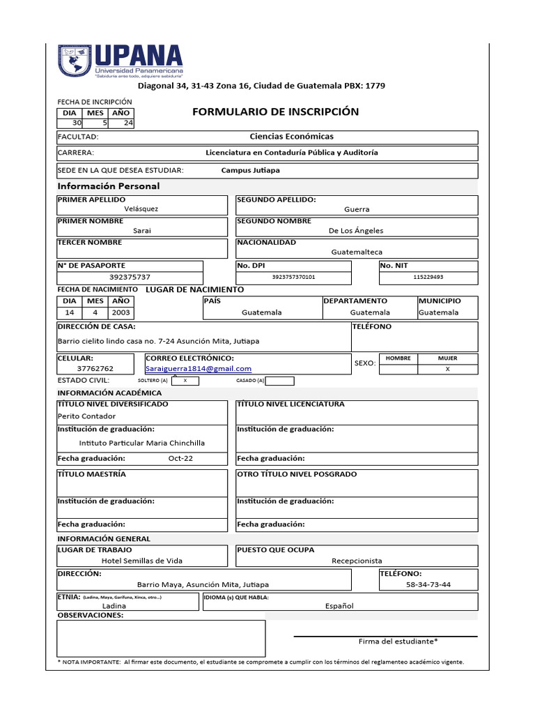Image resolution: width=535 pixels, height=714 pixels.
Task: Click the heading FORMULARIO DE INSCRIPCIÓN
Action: click(275, 112)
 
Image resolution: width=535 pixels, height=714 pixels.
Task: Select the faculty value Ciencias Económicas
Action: click(291, 137)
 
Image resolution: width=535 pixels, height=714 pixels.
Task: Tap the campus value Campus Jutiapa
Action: click(251, 170)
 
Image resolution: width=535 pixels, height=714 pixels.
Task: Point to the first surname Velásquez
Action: click(141, 209)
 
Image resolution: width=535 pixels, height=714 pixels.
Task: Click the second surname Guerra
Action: click(357, 209)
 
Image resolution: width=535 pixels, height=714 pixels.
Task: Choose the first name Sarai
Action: click(141, 231)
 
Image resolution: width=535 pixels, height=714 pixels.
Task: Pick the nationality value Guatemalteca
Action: click(357, 252)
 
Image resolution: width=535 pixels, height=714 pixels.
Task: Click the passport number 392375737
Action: click(130, 277)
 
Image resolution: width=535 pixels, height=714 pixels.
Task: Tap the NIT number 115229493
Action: click(428, 277)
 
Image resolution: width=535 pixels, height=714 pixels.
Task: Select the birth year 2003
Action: click(121, 312)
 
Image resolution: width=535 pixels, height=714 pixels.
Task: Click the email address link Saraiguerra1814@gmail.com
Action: click(199, 369)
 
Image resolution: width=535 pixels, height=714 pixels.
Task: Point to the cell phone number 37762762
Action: click(95, 369)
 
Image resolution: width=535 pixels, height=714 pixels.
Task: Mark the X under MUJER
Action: click(448, 368)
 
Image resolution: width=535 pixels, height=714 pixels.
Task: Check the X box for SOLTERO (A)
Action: click(185, 381)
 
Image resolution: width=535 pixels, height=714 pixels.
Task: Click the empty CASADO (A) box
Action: click(280, 381)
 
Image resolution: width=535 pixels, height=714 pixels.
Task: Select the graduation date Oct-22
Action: click(181, 458)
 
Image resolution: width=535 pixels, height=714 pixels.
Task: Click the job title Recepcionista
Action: click(357, 561)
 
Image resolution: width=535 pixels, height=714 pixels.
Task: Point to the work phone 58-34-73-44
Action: click(428, 584)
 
